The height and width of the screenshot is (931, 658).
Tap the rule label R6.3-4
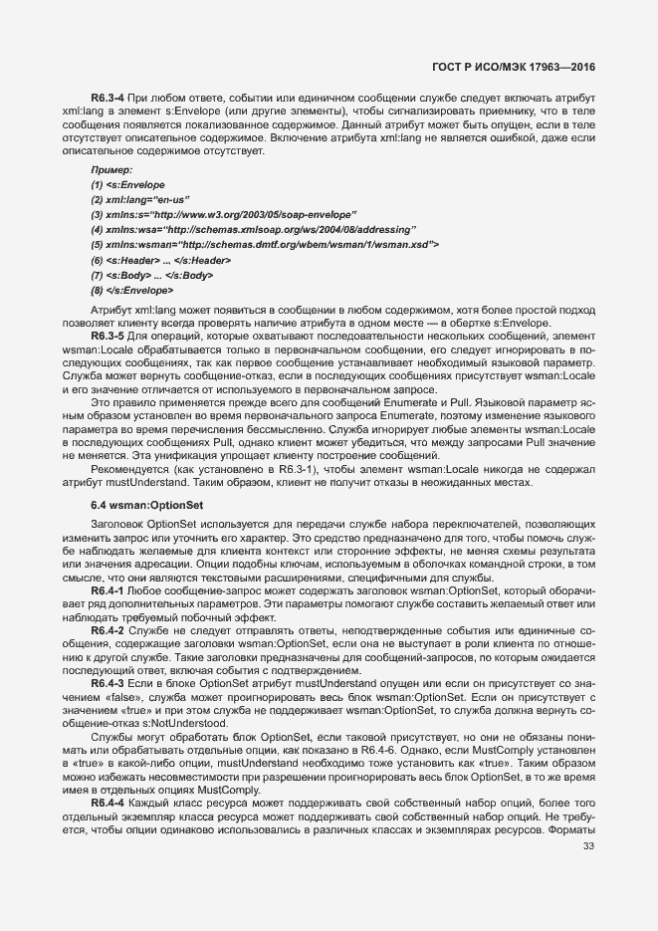pos(108,97)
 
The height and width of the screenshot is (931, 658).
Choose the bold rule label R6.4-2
pos(108,631)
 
